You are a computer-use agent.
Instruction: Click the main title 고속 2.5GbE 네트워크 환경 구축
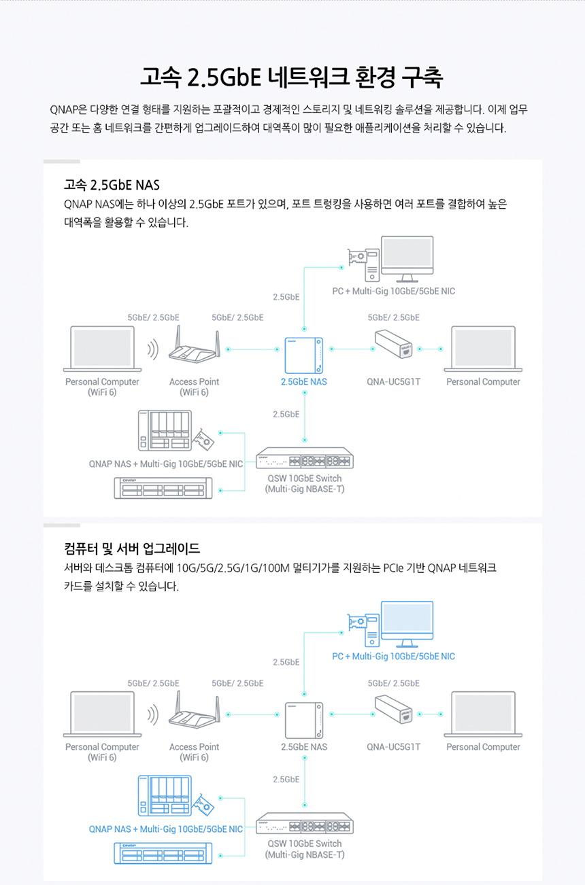(292, 77)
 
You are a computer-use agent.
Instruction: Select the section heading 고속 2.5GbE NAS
(112, 185)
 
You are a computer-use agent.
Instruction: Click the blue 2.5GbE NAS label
(303, 382)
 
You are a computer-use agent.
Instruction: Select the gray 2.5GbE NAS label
(303, 747)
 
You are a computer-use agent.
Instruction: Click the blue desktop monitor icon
(407, 622)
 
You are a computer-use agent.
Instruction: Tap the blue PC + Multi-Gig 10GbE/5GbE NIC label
(393, 657)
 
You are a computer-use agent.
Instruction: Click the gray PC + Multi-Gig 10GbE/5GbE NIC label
(393, 292)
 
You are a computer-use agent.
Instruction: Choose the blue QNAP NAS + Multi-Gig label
(165, 829)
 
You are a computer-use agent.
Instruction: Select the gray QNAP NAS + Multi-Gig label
(165, 464)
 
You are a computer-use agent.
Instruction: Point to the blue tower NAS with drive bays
(165, 796)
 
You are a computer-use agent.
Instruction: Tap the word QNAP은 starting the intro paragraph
(67, 109)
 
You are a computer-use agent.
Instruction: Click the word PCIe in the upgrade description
(393, 568)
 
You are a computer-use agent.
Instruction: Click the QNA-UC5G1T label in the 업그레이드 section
(393, 747)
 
